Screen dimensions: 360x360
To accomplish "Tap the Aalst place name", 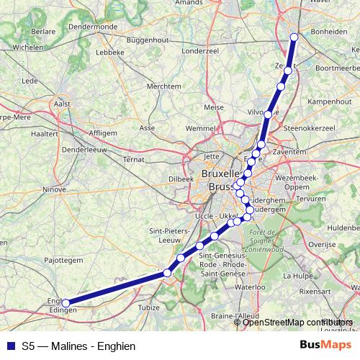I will pyautogui.click(x=62, y=104).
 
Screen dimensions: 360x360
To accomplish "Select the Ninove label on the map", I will pyautogui.click(x=55, y=190).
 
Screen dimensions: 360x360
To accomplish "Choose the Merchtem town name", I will pyautogui.click(x=163, y=86).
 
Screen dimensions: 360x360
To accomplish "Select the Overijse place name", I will pyautogui.click(x=322, y=244).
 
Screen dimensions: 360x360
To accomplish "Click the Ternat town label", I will pyautogui.click(x=134, y=159).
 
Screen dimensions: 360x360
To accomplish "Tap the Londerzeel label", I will pyautogui.click(x=200, y=51).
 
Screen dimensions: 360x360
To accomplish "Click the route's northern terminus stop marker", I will pyautogui.click(x=294, y=37).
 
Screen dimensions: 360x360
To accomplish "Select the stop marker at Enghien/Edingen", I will pyautogui.click(x=66, y=303).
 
